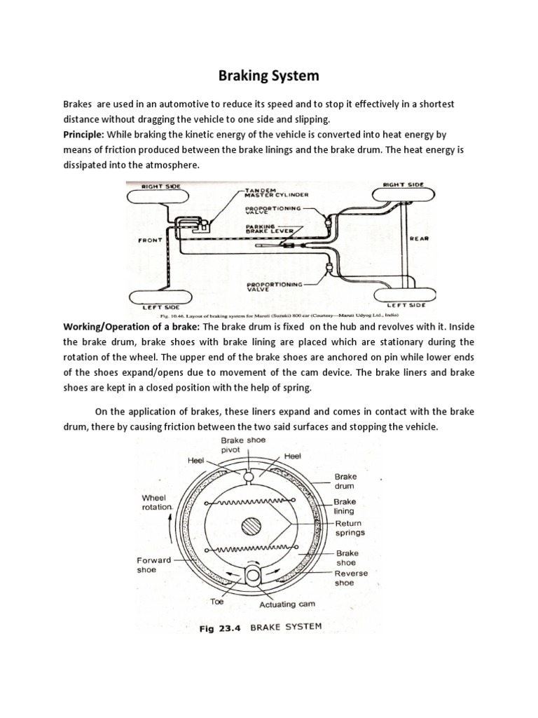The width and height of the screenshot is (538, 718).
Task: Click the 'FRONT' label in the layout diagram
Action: (x=151, y=240)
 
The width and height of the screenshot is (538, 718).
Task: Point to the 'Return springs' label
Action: (x=348, y=527)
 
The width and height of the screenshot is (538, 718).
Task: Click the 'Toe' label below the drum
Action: (x=218, y=601)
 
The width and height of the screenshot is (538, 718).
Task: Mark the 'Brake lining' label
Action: (x=345, y=506)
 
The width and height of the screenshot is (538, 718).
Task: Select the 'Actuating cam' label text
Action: (x=287, y=603)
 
